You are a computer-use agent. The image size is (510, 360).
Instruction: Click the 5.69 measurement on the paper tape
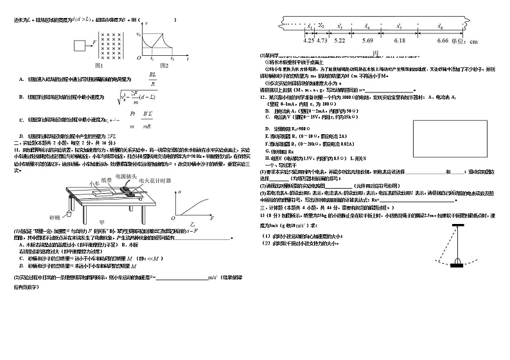pos(368,40)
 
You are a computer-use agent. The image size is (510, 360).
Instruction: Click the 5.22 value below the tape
pos(340,40)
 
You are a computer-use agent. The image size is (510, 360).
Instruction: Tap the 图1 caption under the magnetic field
pos(99,65)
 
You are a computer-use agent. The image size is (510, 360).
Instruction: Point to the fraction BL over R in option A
pos(152,79)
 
